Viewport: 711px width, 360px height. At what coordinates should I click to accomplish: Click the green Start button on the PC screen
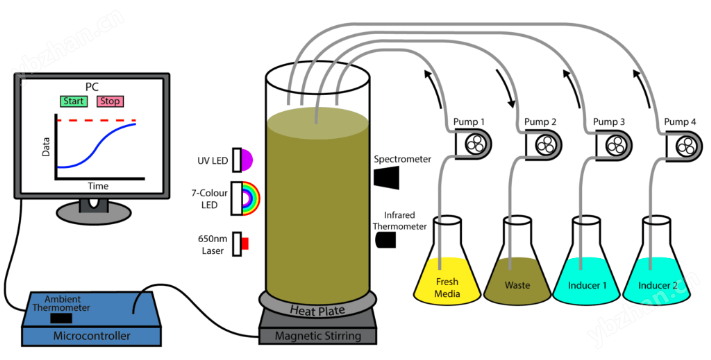pos(73,101)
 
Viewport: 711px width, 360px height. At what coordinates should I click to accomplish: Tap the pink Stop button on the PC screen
pos(110,101)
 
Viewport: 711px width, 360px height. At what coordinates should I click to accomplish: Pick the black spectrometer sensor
pos(386,177)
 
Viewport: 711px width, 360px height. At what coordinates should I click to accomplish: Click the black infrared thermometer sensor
pos(386,240)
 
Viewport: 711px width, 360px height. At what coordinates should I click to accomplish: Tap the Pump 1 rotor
pos(473,145)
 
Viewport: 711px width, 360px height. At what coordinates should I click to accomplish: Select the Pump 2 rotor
pos(544,145)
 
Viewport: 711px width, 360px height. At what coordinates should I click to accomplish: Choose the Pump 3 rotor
pos(614,145)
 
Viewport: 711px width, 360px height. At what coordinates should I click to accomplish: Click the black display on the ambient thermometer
pos(61,318)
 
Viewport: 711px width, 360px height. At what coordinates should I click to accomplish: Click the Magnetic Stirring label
pos(318,336)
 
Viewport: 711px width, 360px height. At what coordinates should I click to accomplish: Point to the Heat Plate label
pos(317,311)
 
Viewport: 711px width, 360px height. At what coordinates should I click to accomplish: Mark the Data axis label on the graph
pos(46,147)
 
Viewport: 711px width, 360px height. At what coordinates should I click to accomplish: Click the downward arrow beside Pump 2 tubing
pos(507,88)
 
